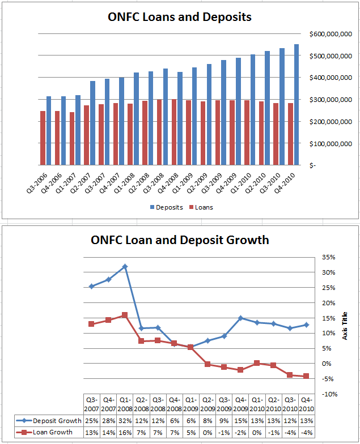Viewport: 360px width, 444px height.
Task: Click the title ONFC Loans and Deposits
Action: pyautogui.click(x=180, y=17)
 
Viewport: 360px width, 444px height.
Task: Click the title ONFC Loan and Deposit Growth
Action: pyautogui.click(x=180, y=240)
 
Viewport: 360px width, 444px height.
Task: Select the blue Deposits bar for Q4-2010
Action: pyautogui.click(x=296, y=105)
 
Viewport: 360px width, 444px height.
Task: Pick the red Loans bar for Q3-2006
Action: pyautogui.click(x=43, y=138)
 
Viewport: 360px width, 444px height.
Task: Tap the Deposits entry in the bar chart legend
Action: pyautogui.click(x=167, y=207)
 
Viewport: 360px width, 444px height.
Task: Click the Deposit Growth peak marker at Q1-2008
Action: pyautogui.click(x=125, y=266)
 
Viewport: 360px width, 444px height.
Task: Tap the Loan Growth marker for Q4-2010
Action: pyautogui.click(x=306, y=376)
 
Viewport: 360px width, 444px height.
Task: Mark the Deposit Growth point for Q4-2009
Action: pyautogui.click(x=241, y=318)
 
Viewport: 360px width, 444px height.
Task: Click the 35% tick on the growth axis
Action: pyautogui.click(x=329, y=257)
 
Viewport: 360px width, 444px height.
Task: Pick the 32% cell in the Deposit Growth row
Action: pyautogui.click(x=125, y=420)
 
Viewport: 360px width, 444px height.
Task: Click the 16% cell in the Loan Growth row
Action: pyautogui.click(x=125, y=432)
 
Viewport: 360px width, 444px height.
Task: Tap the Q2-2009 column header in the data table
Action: pyautogui.click(x=208, y=404)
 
